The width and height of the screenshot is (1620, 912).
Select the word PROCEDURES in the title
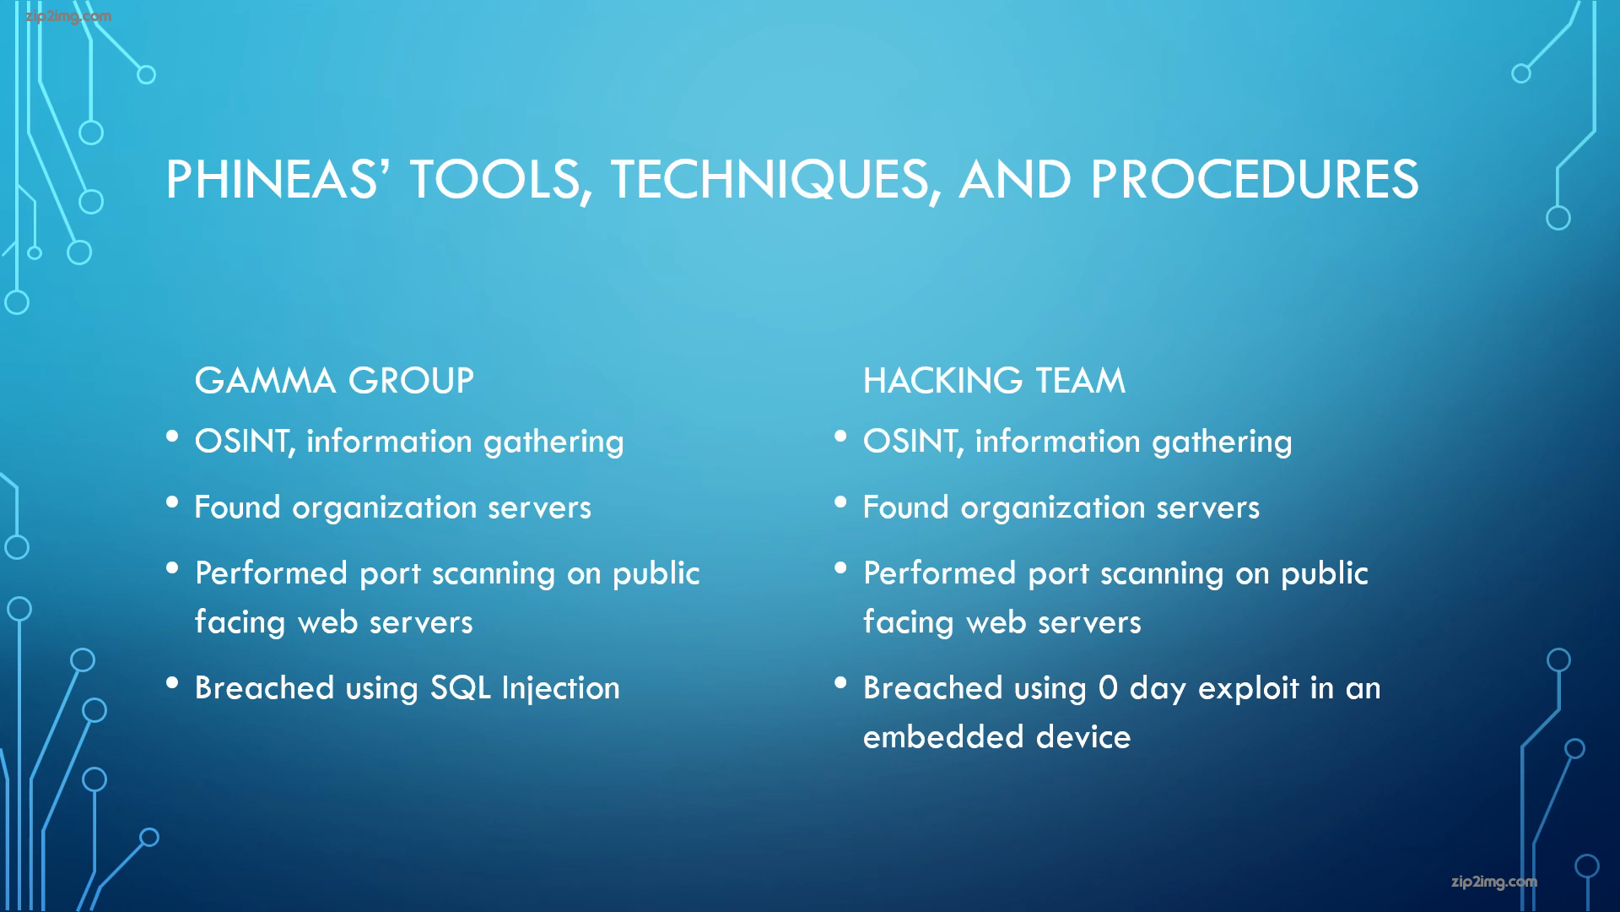1255,179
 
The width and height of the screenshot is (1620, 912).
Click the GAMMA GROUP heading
334,381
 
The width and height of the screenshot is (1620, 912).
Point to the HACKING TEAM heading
994,381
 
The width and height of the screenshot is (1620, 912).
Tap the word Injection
561,689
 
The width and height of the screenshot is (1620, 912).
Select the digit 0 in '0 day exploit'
1108,688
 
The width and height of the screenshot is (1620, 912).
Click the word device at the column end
1083,736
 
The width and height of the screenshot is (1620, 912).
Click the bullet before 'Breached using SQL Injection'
173,682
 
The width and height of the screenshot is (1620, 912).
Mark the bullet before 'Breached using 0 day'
840,682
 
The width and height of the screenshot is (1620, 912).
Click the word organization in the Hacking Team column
1052,508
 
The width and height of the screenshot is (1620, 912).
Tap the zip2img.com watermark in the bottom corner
1494,882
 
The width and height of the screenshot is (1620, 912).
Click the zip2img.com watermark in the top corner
68,17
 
